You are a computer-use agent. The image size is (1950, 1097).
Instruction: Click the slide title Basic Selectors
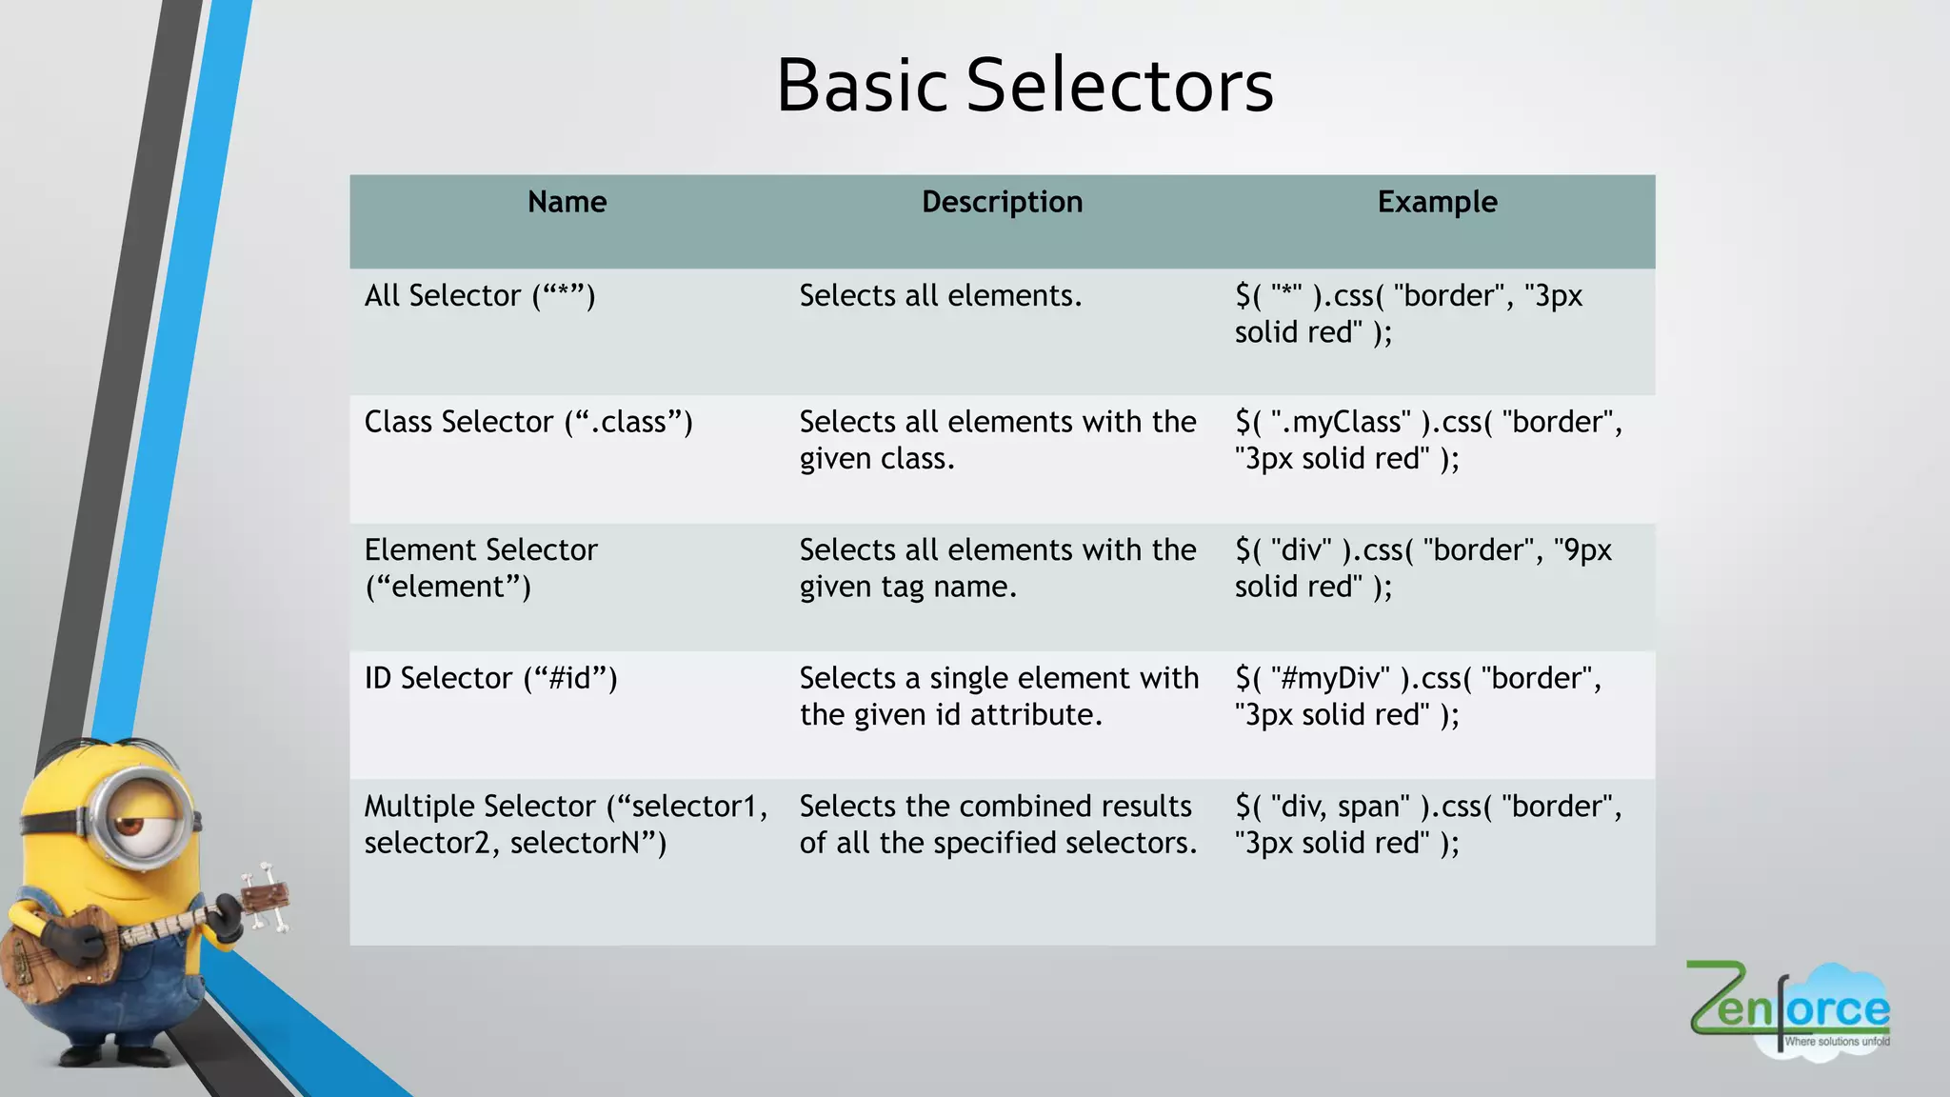click(1025, 86)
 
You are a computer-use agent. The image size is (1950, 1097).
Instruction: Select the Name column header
click(567, 202)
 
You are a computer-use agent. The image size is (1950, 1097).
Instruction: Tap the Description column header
click(1002, 202)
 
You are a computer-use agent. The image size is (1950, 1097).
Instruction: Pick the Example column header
click(1437, 202)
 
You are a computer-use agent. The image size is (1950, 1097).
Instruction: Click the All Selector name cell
click(480, 296)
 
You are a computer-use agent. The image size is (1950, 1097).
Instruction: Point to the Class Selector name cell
click(528, 422)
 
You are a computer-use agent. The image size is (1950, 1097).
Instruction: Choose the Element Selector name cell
click(481, 568)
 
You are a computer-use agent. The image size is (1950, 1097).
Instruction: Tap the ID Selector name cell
click(490, 678)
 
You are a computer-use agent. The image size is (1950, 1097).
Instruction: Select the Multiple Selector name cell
click(566, 824)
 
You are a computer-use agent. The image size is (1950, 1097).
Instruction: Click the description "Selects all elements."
click(940, 296)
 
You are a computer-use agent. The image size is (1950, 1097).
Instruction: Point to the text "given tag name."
click(907, 588)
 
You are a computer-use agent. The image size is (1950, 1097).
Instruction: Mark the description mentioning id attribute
click(998, 696)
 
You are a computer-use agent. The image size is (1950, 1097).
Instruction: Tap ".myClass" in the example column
click(1341, 422)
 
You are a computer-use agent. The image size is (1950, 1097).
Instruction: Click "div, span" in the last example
click(1340, 807)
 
